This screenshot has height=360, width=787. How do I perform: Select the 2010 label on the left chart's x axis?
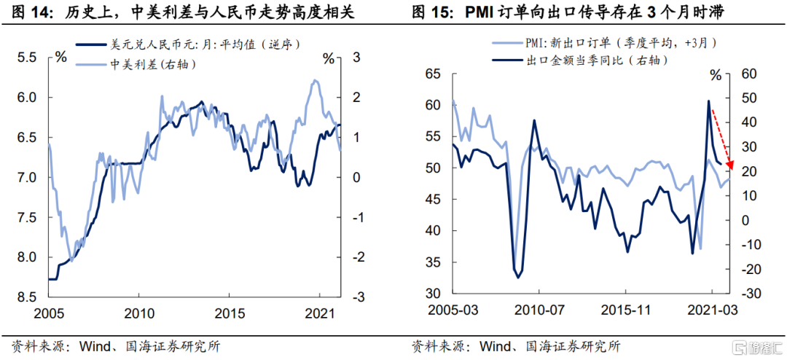[x=139, y=314]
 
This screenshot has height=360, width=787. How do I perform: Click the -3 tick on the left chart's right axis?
[x=358, y=297]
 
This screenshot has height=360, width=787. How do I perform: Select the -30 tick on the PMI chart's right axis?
[x=749, y=293]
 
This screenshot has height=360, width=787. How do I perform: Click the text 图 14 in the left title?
[x=22, y=12]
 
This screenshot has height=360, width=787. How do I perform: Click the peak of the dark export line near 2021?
[x=708, y=101]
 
